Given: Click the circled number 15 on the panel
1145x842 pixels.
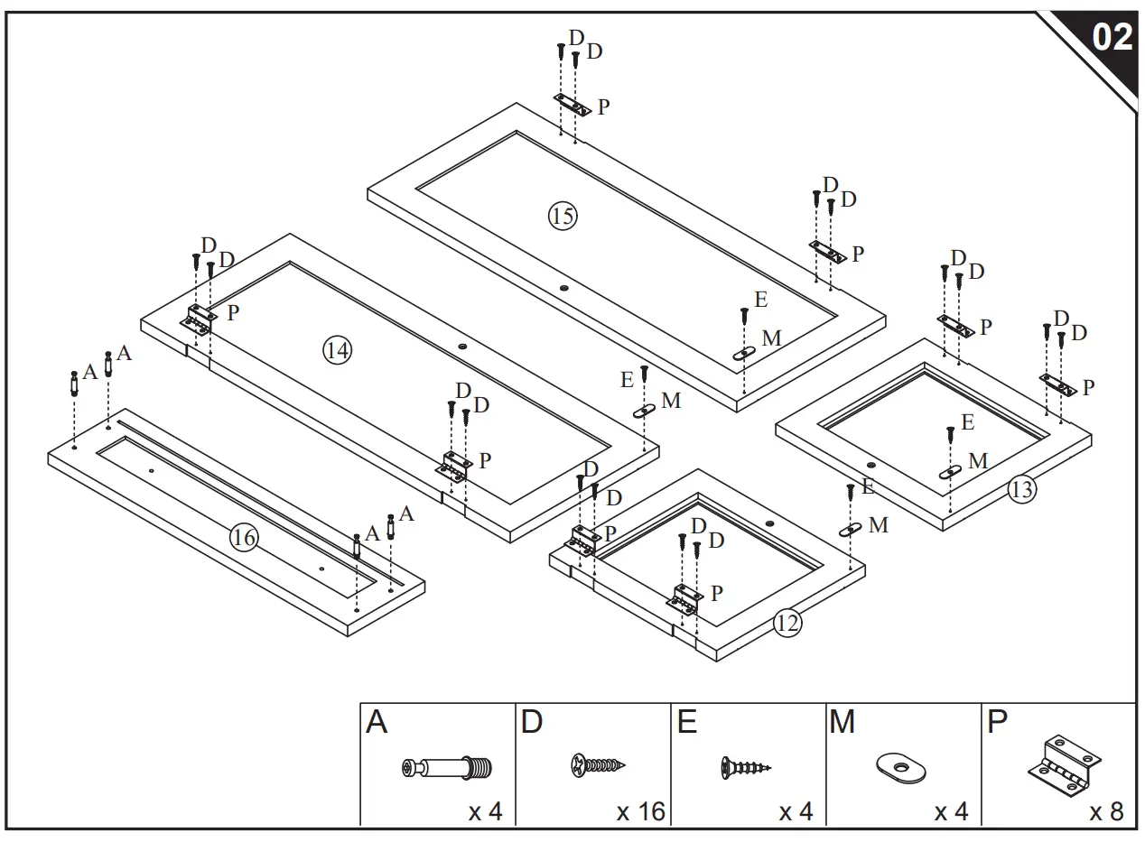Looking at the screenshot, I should (x=562, y=216).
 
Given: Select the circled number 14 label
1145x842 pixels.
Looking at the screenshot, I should (x=337, y=350).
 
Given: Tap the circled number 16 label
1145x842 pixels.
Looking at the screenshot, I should (x=243, y=539).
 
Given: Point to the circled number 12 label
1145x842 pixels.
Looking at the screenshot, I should (x=787, y=623).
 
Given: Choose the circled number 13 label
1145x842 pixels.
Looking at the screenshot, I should (x=1022, y=490).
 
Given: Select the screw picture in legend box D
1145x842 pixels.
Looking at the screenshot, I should (x=597, y=766).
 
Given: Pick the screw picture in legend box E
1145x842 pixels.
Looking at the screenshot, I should (x=746, y=768).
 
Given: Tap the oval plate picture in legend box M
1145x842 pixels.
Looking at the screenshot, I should (x=900, y=768).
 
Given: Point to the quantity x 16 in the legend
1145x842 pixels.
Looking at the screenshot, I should (x=640, y=811).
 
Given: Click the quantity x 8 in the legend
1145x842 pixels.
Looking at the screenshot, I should (x=1106, y=811).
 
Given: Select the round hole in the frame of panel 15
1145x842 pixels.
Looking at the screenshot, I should (x=564, y=288).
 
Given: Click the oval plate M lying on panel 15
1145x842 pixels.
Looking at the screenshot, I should (x=744, y=354).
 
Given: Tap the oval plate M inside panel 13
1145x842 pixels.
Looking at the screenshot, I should (x=950, y=472).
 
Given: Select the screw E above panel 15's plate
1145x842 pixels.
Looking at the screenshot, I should (x=744, y=315).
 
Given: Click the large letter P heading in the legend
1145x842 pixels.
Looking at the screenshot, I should (x=998, y=723).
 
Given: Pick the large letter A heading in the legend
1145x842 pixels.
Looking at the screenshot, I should (x=377, y=723).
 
